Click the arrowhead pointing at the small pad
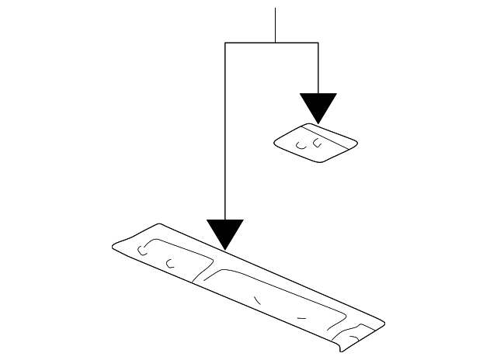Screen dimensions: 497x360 coord(318,107)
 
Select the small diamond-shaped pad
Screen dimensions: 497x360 coord(315,143)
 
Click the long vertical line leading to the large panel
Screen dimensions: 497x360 coord(225,132)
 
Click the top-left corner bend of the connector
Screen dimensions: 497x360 coord(225,43)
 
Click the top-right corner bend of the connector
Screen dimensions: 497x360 coord(318,43)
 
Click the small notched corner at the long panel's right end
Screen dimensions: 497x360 coord(359,334)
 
